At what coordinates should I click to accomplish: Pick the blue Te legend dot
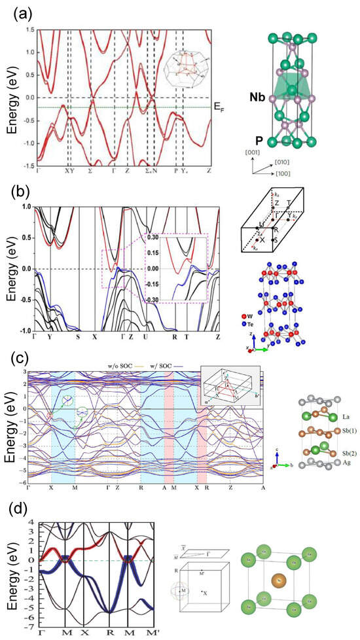tap(249, 313)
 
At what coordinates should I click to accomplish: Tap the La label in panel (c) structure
tap(331, 416)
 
